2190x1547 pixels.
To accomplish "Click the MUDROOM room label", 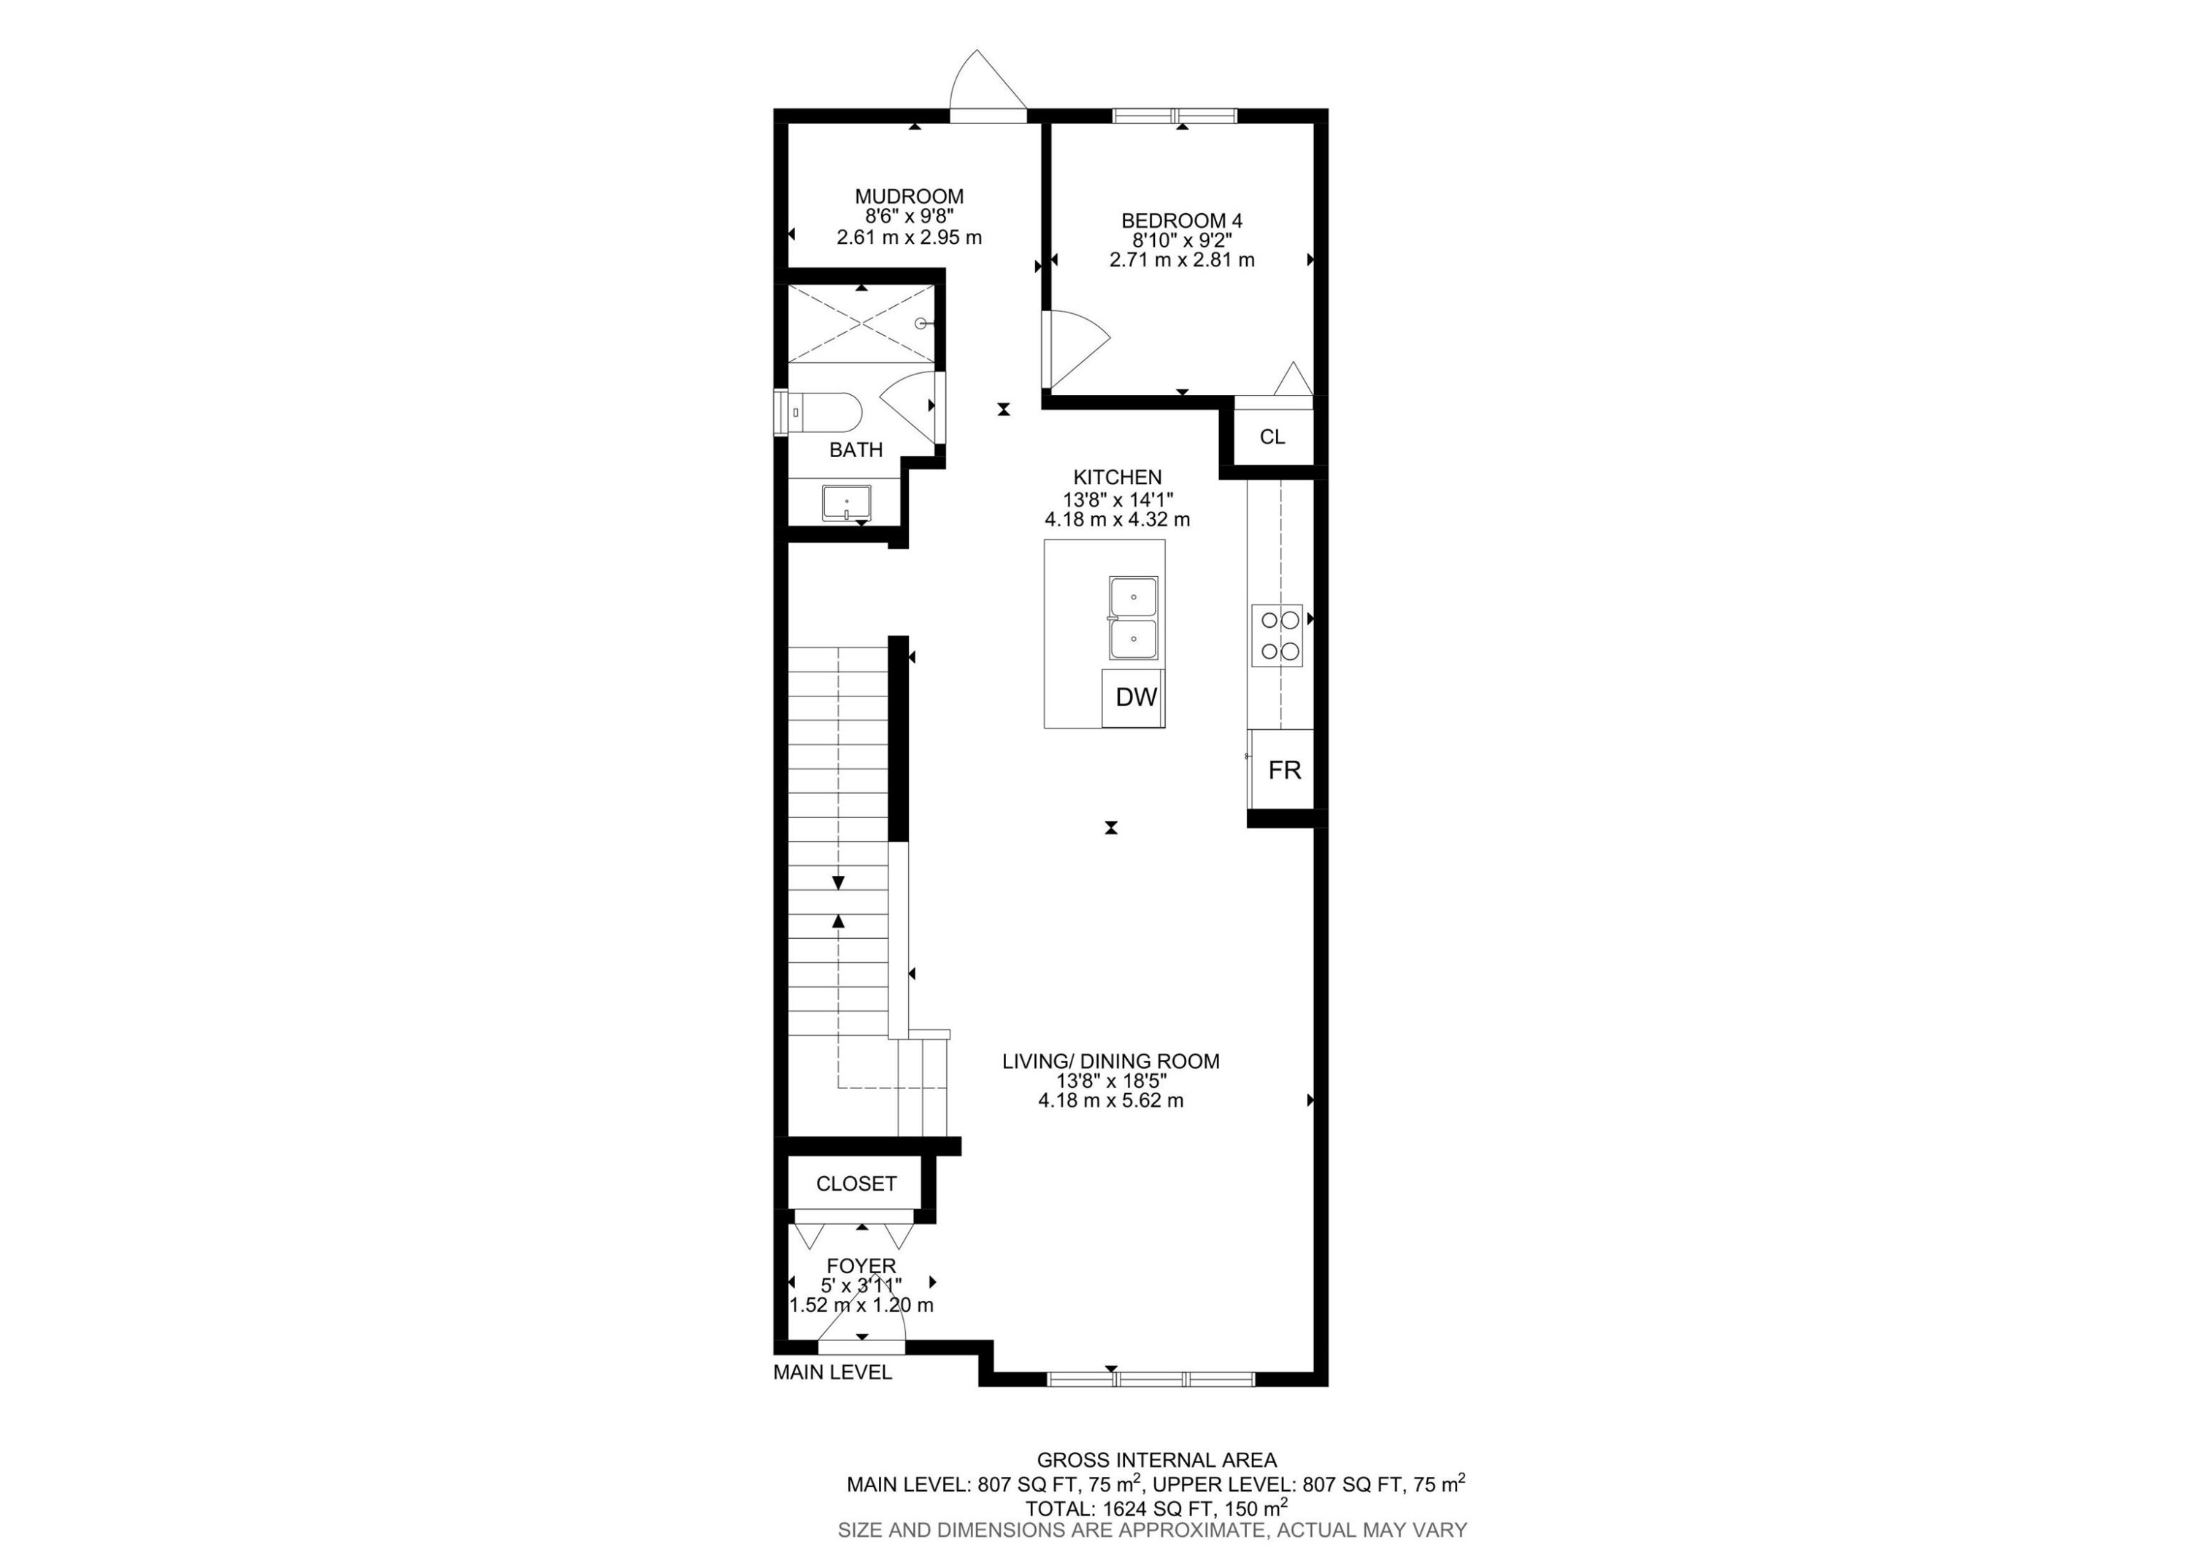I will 908,196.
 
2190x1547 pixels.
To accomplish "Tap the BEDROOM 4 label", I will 1181,220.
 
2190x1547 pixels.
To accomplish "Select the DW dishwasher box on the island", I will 1135,697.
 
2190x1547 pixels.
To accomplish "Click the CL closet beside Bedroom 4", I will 1272,437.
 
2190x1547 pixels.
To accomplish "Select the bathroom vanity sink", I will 846,502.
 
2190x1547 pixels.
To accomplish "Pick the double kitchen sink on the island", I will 1132,618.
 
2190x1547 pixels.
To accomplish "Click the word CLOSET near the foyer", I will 856,1183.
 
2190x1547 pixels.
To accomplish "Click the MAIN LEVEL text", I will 831,1373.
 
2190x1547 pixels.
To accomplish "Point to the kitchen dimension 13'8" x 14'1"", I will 1117,499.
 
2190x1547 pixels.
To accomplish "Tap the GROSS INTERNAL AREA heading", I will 1156,1459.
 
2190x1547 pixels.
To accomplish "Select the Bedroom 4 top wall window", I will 1174,116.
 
